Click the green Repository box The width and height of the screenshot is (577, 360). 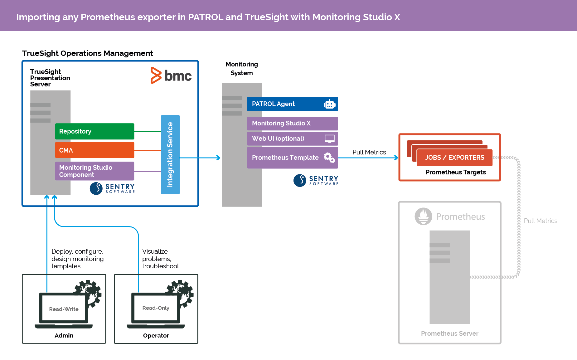[x=95, y=131]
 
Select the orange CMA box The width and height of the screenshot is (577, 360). [x=95, y=150]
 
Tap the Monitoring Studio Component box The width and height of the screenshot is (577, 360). [x=95, y=171]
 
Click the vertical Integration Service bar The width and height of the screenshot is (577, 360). [x=170, y=154]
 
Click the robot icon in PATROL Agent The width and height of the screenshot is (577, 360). [x=329, y=104]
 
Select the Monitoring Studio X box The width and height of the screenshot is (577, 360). [x=292, y=123]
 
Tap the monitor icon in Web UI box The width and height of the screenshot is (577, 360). [x=329, y=139]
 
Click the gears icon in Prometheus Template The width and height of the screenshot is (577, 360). [x=329, y=158]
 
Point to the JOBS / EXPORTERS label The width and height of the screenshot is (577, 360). [x=454, y=158]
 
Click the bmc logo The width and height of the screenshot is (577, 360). [x=171, y=75]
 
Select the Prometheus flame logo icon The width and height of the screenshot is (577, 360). [x=423, y=216]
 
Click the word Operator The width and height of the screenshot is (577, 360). [x=156, y=335]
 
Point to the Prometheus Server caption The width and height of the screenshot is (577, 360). [x=449, y=333]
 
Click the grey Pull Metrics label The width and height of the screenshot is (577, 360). [x=540, y=221]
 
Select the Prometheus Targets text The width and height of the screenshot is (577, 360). [x=455, y=172]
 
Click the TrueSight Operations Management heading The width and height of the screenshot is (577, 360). [x=87, y=53]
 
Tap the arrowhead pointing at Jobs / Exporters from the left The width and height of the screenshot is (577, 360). [x=396, y=158]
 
